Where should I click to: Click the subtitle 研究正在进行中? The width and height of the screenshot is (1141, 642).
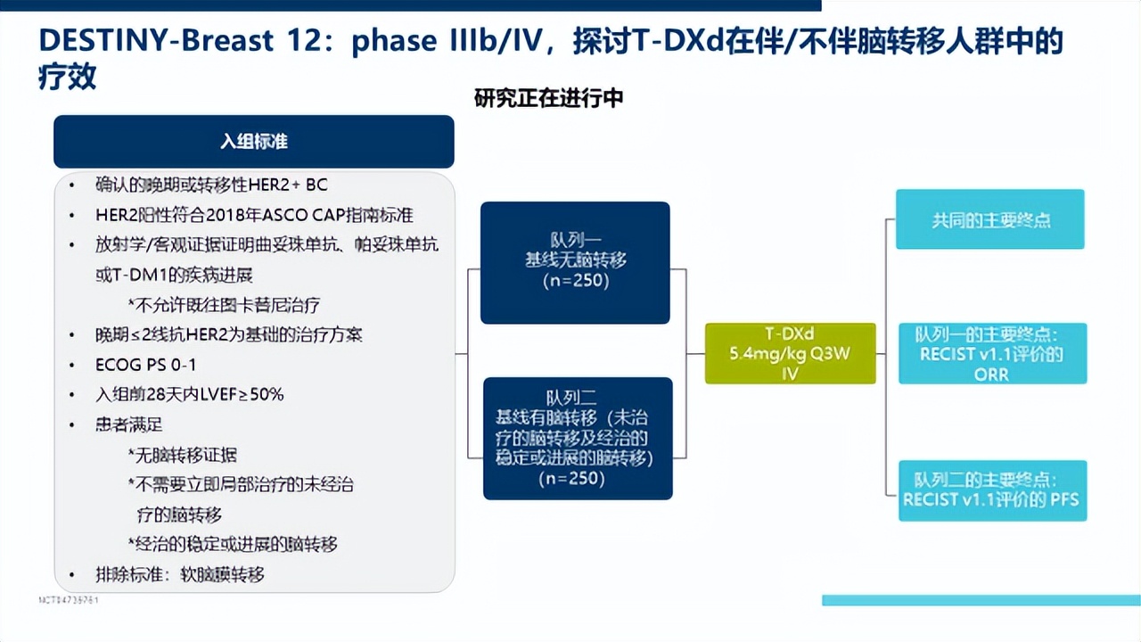(x=548, y=98)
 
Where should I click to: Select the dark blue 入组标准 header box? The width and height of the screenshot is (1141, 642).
(x=254, y=142)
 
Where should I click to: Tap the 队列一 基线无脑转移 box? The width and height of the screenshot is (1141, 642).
(x=575, y=262)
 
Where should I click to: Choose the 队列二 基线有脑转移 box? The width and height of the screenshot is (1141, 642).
(x=578, y=438)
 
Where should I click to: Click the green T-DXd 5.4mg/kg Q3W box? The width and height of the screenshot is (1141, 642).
(x=790, y=354)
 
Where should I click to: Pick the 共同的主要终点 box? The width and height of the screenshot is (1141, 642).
(x=990, y=219)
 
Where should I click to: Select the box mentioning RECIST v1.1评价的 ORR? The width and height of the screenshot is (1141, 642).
(x=992, y=354)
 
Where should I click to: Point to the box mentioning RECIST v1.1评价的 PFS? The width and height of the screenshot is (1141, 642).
(x=990, y=490)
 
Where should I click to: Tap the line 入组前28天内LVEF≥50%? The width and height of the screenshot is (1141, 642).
(x=189, y=394)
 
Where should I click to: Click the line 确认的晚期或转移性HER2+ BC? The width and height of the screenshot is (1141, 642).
(x=211, y=185)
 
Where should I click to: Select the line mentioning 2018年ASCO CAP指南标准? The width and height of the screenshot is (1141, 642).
(x=254, y=215)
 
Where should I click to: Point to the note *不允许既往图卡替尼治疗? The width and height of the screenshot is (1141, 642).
(x=224, y=305)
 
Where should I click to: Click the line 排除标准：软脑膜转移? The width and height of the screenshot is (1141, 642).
(x=180, y=574)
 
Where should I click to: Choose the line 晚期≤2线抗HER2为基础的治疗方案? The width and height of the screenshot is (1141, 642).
(x=228, y=335)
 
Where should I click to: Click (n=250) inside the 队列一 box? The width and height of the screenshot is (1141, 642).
(x=575, y=280)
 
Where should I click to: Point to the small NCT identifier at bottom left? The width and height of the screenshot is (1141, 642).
(x=69, y=600)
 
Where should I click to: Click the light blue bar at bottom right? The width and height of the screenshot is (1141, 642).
(x=981, y=600)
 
